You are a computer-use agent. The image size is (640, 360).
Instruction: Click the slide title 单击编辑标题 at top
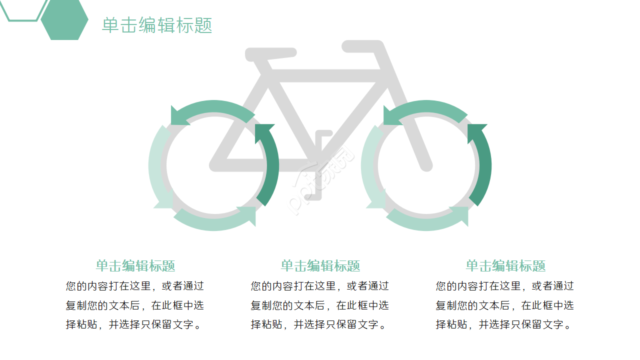pos(157,25)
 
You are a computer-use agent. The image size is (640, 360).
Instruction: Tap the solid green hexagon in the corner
pos(64,20)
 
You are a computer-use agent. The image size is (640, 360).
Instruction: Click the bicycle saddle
pos(270,52)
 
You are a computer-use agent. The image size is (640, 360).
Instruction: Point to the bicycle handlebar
pos(362,46)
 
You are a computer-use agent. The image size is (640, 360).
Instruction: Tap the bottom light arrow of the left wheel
pos(215,220)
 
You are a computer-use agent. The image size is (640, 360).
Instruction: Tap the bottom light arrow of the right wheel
pos(427,220)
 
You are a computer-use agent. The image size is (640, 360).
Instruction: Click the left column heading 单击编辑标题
pos(135,265)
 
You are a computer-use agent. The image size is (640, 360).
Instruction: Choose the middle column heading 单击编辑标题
pos(320,265)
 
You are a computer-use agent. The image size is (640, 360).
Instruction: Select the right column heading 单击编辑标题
pos(505,265)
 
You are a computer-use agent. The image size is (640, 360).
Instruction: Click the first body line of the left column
pos(135,286)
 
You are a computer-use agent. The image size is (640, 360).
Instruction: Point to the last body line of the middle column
pos(319,325)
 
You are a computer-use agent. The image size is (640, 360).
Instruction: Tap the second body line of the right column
pos(505,305)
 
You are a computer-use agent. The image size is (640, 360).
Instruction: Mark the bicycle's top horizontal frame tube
pos(325,76)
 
